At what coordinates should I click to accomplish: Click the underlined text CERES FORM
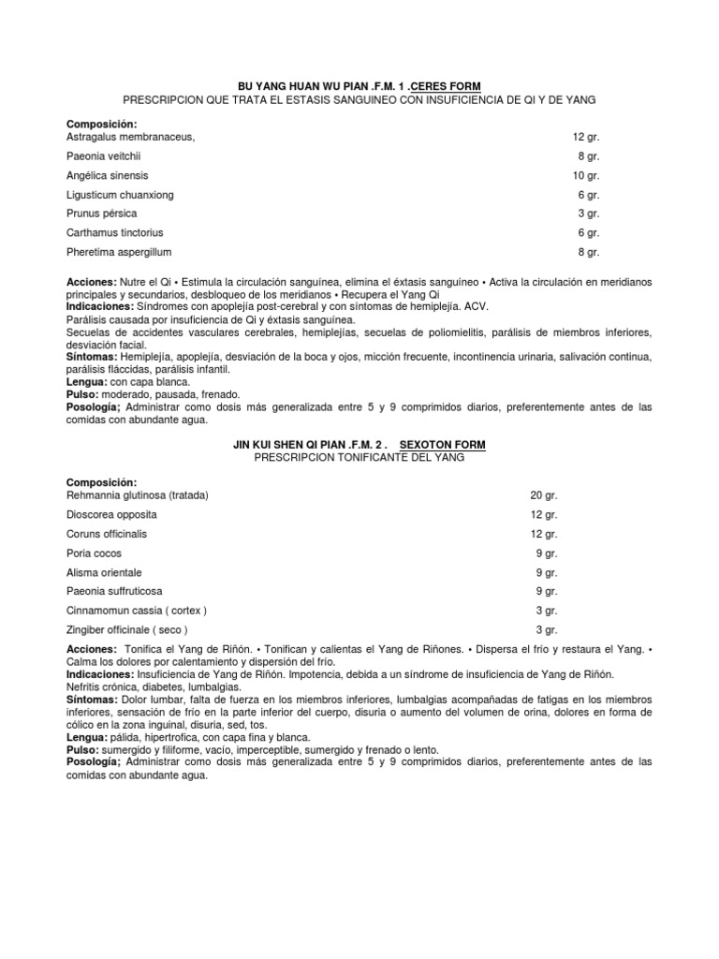[446, 86]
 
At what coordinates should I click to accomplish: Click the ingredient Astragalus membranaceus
[130, 137]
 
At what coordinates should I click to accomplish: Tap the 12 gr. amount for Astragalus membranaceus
[586, 137]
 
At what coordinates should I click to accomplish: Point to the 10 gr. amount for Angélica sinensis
[586, 175]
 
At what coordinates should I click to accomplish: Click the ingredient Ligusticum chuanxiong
[120, 195]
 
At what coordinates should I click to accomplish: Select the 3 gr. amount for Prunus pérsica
[589, 214]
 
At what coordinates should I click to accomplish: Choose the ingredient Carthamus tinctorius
[114, 232]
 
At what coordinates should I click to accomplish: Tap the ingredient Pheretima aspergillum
[119, 252]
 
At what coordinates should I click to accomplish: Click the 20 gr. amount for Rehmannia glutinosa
[543, 495]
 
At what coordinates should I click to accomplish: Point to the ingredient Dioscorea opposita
[111, 514]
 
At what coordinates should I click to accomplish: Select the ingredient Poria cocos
[95, 553]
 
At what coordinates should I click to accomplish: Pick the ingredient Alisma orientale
[104, 572]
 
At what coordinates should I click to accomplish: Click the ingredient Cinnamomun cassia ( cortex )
[137, 611]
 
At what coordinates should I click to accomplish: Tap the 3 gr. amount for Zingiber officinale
[546, 629]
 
